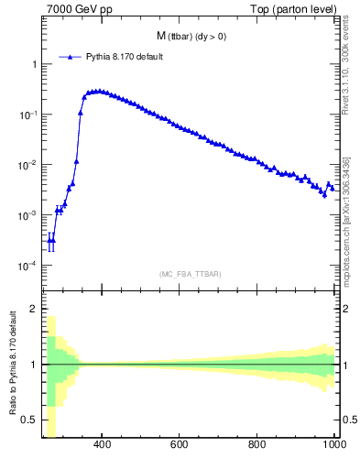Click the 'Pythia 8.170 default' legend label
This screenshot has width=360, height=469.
(x=124, y=57)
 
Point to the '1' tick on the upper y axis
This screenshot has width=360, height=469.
(x=33, y=64)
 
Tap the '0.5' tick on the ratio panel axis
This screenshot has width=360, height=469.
(x=29, y=420)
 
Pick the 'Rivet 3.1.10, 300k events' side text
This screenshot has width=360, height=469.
(x=346, y=78)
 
